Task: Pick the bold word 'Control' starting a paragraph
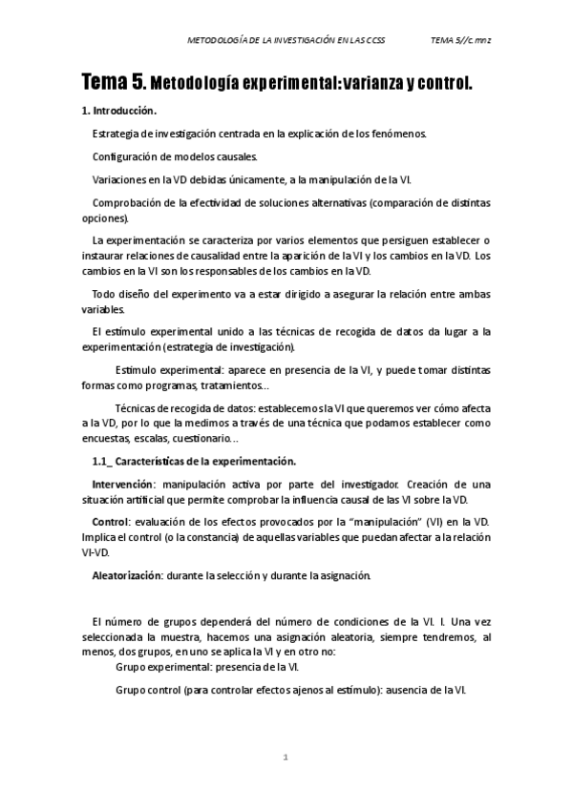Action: coord(110,521)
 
